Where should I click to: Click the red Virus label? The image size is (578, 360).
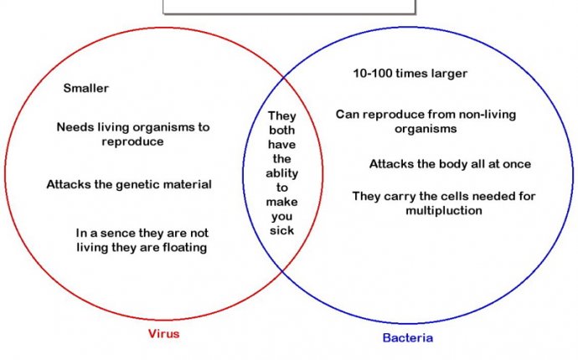click(x=163, y=333)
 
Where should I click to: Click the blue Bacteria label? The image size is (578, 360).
click(x=408, y=337)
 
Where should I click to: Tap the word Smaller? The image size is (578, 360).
click(x=86, y=88)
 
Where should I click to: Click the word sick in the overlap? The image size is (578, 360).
click(x=281, y=230)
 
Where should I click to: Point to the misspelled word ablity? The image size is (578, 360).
click(x=282, y=173)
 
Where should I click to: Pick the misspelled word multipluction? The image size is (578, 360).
click(x=444, y=210)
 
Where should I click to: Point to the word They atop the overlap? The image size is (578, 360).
click(x=282, y=116)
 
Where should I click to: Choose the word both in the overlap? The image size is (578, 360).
click(x=281, y=130)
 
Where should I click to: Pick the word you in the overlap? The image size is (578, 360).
click(x=282, y=217)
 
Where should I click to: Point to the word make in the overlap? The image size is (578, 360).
click(x=281, y=202)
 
